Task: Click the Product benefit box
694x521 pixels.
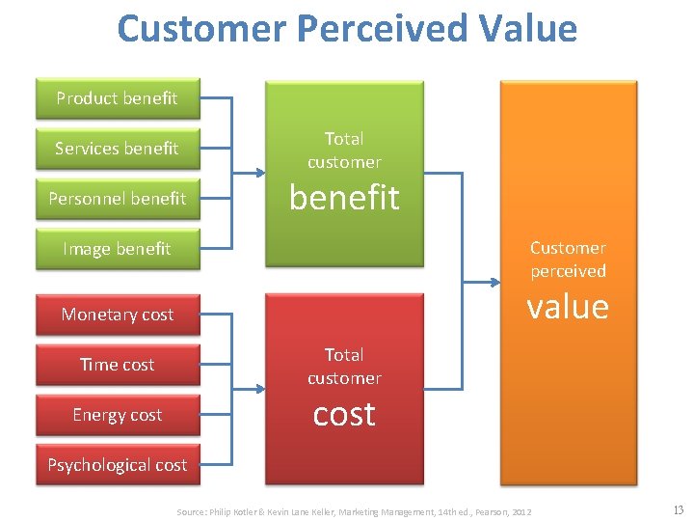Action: (x=117, y=98)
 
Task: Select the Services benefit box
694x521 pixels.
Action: (x=117, y=149)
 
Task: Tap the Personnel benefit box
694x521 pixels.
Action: (x=117, y=199)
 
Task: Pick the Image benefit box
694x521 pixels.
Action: (x=117, y=249)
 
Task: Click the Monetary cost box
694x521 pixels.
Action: (x=117, y=315)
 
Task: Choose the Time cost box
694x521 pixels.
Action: (x=117, y=365)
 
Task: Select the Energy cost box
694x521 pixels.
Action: (x=117, y=415)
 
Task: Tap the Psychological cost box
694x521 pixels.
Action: (x=117, y=465)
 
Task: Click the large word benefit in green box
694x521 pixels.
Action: (x=344, y=198)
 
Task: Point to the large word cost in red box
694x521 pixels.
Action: (x=344, y=414)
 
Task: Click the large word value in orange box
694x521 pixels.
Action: (x=567, y=307)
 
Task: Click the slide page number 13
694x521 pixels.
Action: (x=677, y=510)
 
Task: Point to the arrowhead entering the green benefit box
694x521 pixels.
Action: (x=260, y=174)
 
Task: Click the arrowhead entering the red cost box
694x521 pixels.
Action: (x=260, y=390)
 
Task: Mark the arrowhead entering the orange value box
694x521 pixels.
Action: (x=494, y=282)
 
